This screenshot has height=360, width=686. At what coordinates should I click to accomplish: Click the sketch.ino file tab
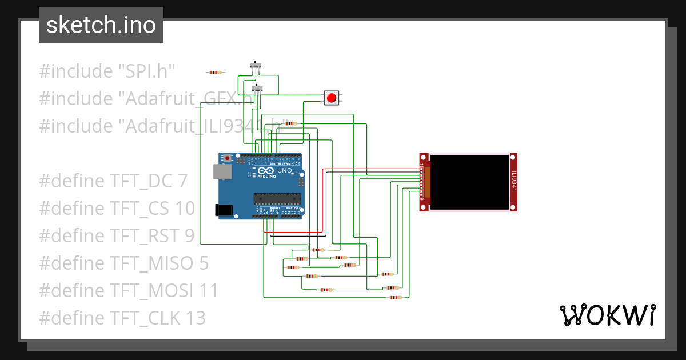tap(101, 25)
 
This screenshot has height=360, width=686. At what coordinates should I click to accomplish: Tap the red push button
tap(331, 98)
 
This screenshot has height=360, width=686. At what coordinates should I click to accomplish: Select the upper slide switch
tap(257, 65)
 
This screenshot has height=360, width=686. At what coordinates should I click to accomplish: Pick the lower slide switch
tap(258, 89)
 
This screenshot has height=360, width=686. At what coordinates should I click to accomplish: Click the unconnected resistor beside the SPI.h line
tap(215, 73)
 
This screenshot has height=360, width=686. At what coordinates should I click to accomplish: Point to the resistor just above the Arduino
tap(291, 123)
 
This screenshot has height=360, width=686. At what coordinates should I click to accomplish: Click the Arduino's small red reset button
tap(228, 158)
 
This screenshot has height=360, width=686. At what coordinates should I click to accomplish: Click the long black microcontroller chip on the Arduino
tap(277, 198)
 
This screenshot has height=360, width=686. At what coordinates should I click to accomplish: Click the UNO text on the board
tap(285, 171)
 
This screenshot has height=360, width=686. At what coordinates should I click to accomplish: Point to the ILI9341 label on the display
tap(513, 181)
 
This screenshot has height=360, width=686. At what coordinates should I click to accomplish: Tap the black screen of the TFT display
tap(469, 182)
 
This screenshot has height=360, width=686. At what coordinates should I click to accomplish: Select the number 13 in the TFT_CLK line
tap(195, 318)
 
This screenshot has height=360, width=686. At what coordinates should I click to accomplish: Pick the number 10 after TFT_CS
tap(185, 208)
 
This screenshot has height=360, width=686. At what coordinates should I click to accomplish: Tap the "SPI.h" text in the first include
tap(146, 71)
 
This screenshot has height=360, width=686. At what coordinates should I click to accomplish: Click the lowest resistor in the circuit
tap(395, 297)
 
